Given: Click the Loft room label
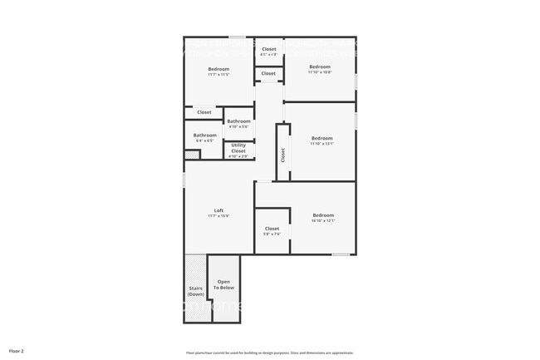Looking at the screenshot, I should [x=218, y=210].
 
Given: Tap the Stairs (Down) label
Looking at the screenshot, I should [x=196, y=291].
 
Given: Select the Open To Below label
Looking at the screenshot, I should [x=224, y=284].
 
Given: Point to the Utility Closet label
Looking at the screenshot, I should [x=238, y=148].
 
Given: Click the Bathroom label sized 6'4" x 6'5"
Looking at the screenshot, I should [x=205, y=136].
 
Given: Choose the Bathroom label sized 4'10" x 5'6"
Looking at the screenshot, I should [x=238, y=121].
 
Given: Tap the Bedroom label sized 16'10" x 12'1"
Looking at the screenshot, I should [x=323, y=215].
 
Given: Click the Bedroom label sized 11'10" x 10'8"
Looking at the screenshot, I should [x=320, y=67].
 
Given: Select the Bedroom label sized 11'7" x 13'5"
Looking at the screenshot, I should [x=218, y=69].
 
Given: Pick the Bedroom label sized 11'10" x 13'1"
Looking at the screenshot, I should [x=322, y=138].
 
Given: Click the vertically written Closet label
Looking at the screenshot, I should [x=283, y=155].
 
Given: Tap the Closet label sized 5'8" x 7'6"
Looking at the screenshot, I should [x=272, y=229].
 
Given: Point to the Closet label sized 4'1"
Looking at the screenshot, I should [x=269, y=49].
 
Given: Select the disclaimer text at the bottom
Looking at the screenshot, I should [x=269, y=353].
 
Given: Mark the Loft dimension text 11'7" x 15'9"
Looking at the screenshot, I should [x=218, y=216].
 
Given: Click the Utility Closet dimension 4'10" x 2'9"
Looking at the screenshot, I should [x=238, y=156].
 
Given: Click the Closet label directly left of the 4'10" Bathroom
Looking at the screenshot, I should [x=204, y=112].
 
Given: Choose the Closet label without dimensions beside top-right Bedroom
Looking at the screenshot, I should [x=268, y=74].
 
